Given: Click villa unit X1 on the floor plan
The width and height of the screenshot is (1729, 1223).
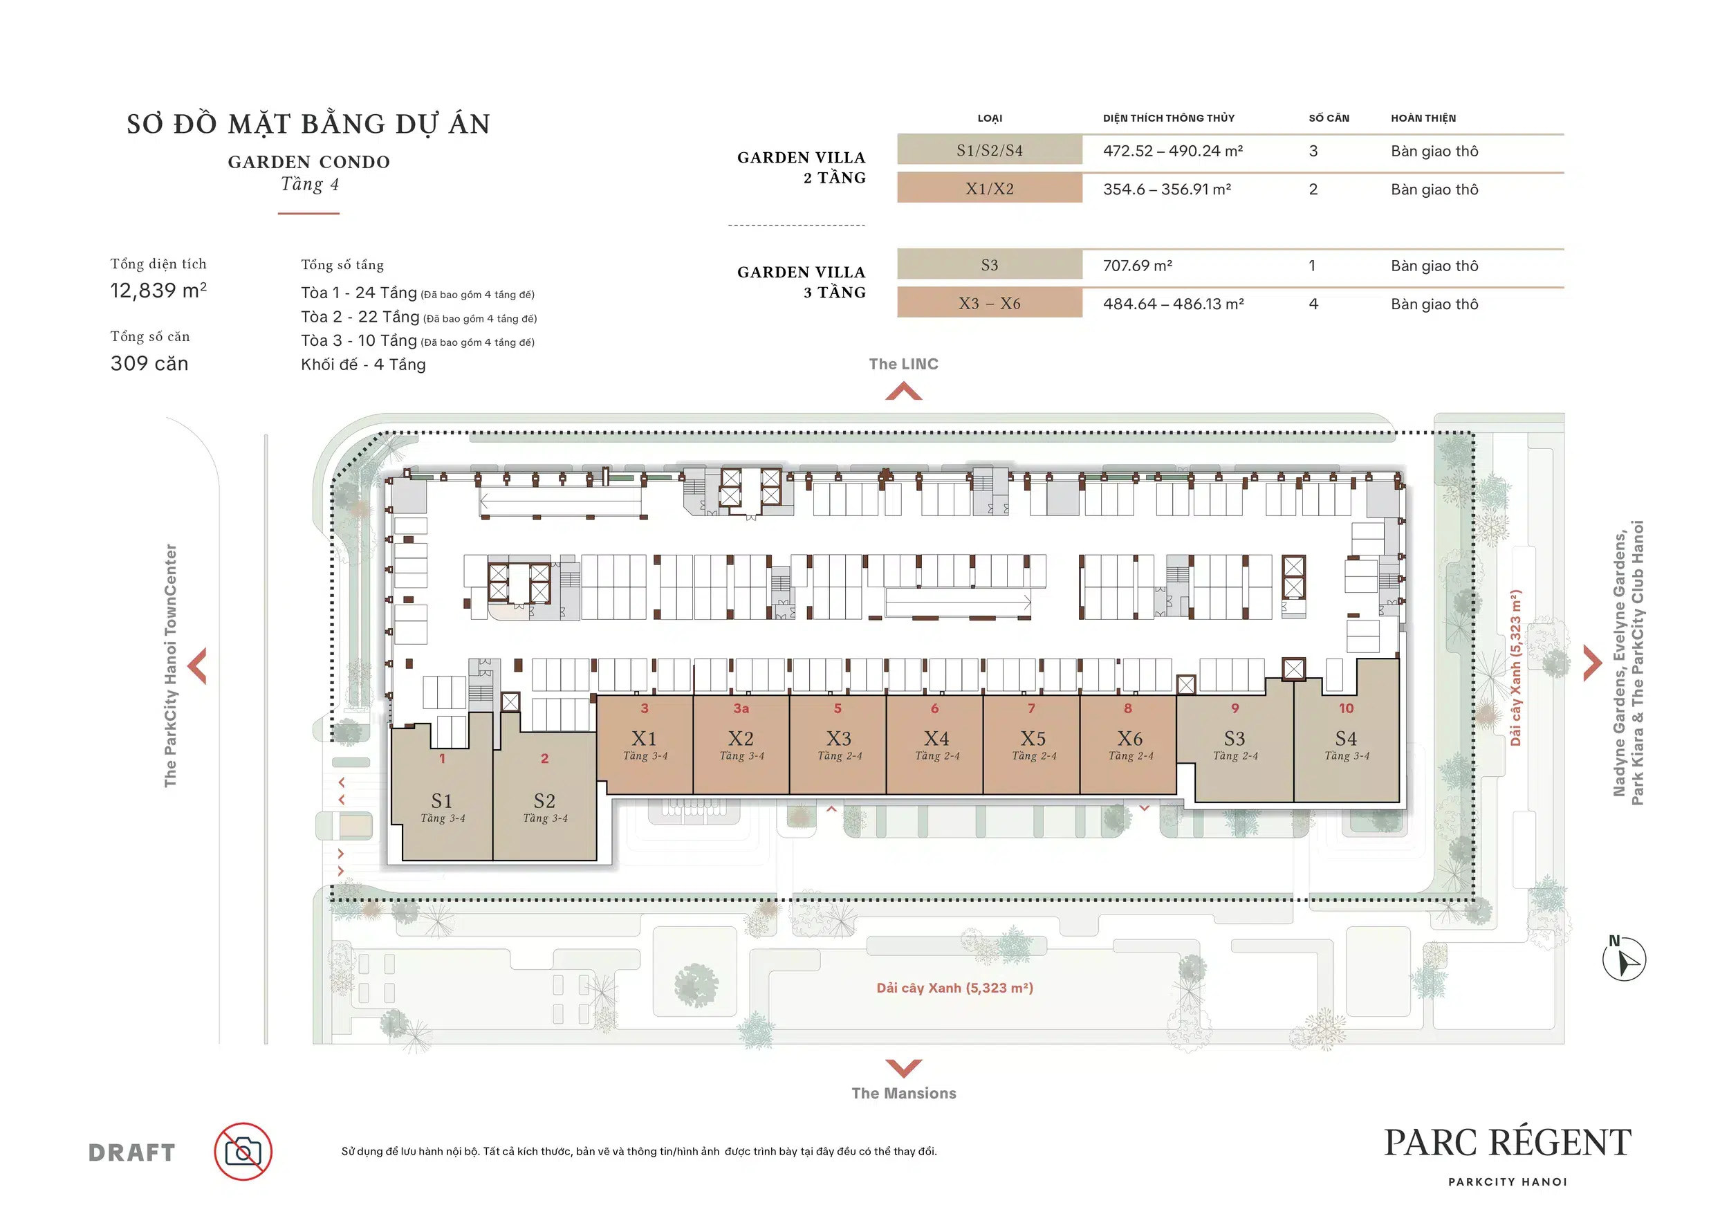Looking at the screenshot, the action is point(645,744).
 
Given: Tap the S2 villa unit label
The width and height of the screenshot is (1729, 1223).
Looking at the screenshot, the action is point(544,800).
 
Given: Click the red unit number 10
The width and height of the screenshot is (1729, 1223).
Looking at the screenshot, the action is point(1346,708).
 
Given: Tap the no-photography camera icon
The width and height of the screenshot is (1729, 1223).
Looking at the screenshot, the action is point(243,1152).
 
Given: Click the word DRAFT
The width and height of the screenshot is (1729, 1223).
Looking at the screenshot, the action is point(132,1153).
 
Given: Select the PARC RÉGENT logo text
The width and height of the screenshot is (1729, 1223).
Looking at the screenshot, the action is point(1508,1143).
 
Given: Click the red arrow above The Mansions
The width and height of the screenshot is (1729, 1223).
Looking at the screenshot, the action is point(904,1068).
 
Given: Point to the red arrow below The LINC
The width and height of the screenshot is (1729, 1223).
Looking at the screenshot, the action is point(904,391).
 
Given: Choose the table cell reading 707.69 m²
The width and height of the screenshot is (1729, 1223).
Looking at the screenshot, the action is point(1137,266).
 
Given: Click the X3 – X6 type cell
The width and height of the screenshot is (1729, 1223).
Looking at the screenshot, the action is point(990,304).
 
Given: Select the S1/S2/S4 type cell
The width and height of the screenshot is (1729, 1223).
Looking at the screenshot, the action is point(990,151).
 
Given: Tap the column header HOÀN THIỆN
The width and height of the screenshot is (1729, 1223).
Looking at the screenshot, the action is point(1423,118).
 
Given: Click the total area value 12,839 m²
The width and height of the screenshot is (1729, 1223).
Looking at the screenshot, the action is point(158,290).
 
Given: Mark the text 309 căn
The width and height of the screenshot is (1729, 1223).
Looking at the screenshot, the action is point(149,364).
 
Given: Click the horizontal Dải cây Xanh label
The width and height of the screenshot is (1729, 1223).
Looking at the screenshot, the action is point(954,988).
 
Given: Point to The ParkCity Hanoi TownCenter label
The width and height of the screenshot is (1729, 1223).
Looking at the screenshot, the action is point(170,665).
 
